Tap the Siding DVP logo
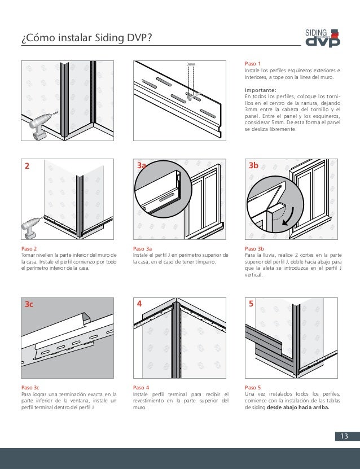point(322,37)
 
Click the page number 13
point(342,436)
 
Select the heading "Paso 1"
point(252,64)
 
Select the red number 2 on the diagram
point(26,166)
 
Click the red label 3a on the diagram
point(142,166)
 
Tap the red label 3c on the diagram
point(29,304)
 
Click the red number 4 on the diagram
point(139,304)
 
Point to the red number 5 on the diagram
point(251,304)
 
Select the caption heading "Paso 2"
point(29,249)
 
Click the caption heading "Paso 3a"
point(142,249)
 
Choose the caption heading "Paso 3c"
point(30,388)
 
